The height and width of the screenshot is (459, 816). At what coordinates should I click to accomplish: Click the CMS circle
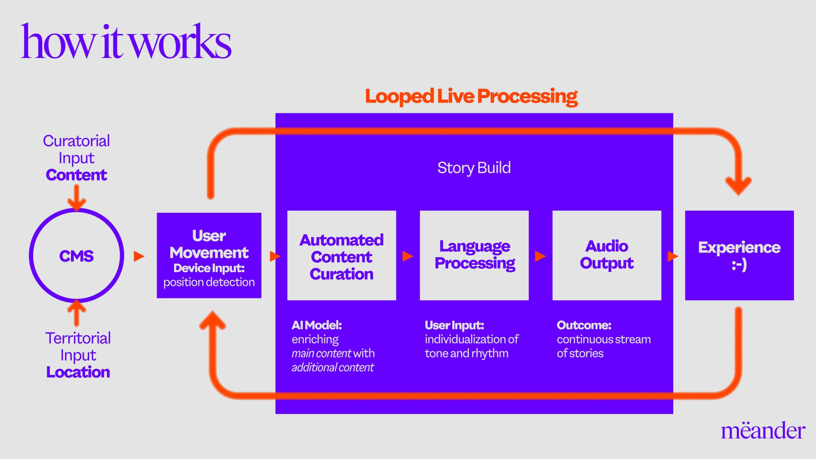click(x=76, y=256)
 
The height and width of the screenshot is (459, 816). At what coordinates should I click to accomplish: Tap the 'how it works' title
click(x=126, y=41)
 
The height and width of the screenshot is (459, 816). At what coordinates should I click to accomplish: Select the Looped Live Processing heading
click(x=471, y=96)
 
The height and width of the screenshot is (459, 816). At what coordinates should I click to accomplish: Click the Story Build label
click(x=474, y=168)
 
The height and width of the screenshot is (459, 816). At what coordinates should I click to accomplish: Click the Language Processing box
click(x=474, y=255)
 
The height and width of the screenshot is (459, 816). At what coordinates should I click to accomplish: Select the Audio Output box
click(x=607, y=255)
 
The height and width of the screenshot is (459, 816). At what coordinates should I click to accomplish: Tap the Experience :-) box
click(x=739, y=255)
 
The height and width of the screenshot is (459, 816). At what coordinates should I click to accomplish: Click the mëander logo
click(x=763, y=431)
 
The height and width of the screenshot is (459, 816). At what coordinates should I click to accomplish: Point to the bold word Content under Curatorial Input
click(x=76, y=175)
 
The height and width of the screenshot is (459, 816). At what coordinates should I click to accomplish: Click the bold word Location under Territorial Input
click(x=78, y=372)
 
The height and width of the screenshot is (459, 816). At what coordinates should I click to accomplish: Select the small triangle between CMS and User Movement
click(x=139, y=256)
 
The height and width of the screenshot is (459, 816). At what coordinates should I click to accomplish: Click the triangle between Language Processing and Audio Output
click(x=540, y=256)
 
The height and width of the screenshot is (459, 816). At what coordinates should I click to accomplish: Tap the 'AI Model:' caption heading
click(x=317, y=325)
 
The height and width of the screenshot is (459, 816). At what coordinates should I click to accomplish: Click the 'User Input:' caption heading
click(x=454, y=325)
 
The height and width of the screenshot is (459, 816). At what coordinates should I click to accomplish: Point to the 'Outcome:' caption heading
click(x=584, y=325)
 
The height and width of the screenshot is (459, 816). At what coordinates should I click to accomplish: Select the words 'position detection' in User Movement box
click(x=209, y=282)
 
